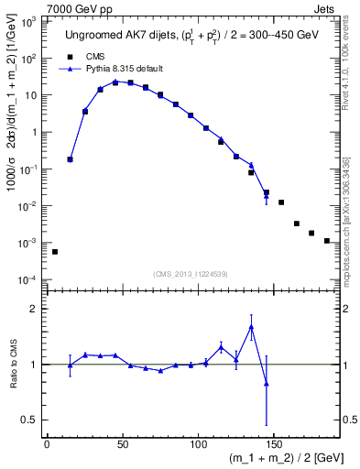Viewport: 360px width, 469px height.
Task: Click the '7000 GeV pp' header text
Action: [x=75, y=7]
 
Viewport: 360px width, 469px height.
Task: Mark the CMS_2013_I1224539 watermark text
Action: [x=191, y=273]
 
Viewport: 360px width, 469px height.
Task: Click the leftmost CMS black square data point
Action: [x=55, y=252]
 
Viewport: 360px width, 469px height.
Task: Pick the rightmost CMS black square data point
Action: [x=327, y=241]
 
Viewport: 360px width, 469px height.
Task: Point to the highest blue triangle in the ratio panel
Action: [x=251, y=327]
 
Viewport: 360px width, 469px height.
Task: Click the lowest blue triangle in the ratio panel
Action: [x=266, y=384]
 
